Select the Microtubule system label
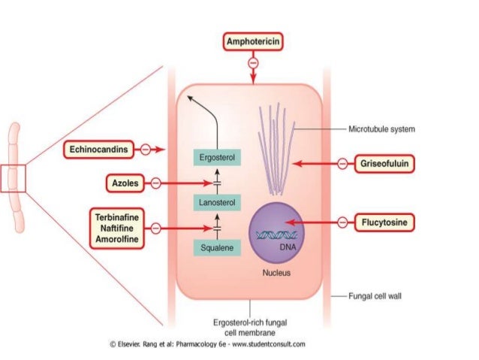(381, 129)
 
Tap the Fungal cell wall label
(375, 296)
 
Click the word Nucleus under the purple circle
(276, 273)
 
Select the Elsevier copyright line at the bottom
(207, 344)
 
